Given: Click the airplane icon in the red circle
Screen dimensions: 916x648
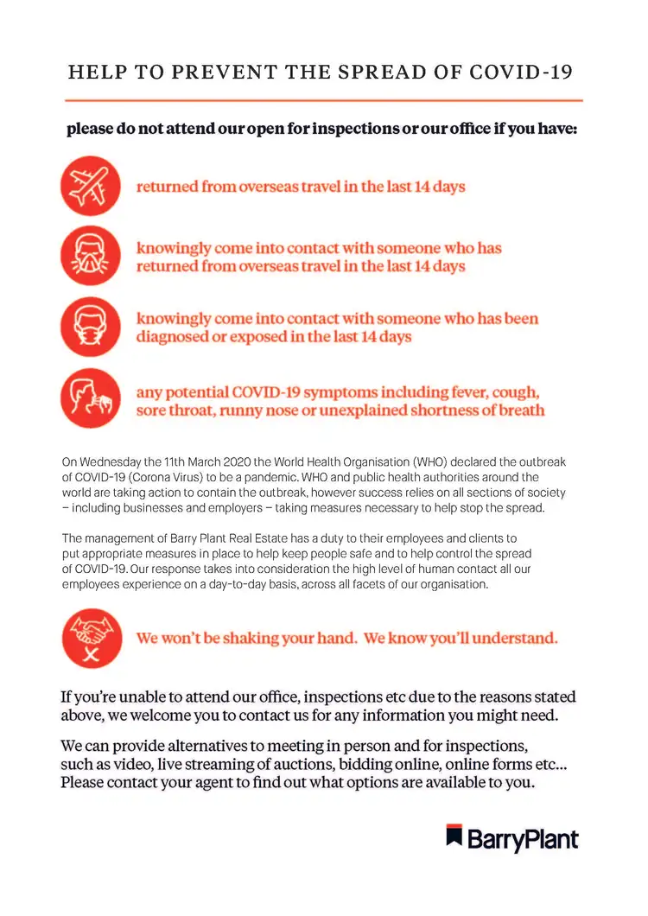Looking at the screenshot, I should (x=90, y=187).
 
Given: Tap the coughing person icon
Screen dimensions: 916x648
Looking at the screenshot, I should (x=90, y=400).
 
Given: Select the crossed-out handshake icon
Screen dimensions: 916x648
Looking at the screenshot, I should (x=90, y=639).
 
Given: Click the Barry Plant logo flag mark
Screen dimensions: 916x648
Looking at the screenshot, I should (x=454, y=836).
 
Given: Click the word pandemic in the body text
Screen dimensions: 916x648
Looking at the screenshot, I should (x=345, y=477).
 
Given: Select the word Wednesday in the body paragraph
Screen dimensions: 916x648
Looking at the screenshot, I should (x=112, y=463).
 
